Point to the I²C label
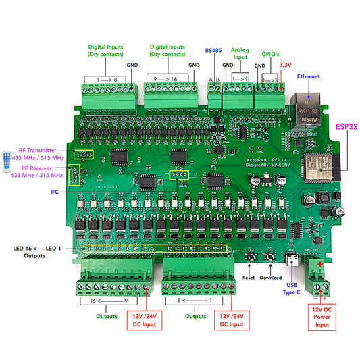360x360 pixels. pyautogui.click(x=55, y=192)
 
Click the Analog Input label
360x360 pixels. pyautogui.click(x=240, y=54)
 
